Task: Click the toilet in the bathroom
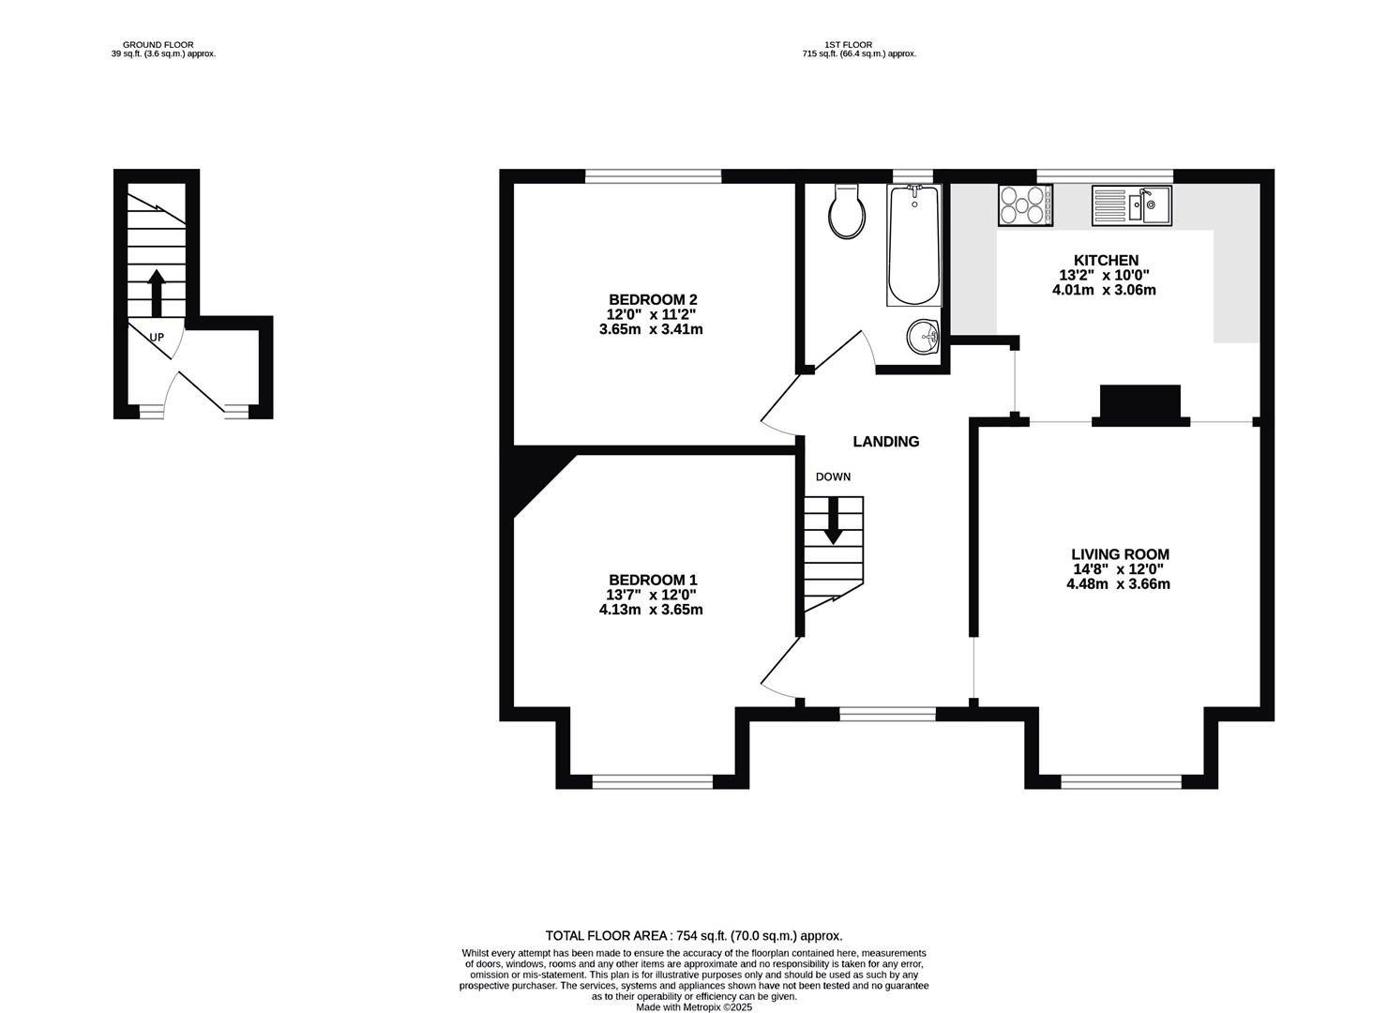(847, 212)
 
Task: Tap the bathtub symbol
(914, 246)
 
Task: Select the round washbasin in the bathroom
(923, 338)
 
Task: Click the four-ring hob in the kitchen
(1025, 205)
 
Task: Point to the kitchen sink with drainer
(1131, 205)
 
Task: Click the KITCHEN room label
(1106, 260)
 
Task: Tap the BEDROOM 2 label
(653, 299)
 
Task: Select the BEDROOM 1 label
(653, 580)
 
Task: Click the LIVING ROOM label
(1121, 554)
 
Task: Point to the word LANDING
(886, 442)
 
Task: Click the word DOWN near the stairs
(833, 477)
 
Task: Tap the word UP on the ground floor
(157, 337)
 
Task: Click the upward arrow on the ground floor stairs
(156, 293)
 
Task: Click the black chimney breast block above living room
(1140, 406)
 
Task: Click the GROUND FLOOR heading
(158, 45)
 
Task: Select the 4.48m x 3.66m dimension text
(1118, 583)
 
